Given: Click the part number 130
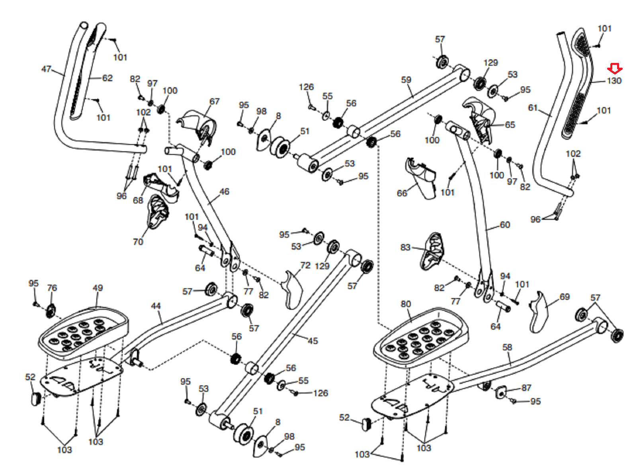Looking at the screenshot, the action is (614, 81).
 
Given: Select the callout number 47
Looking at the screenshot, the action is (46, 69).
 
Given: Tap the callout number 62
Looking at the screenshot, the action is (107, 78).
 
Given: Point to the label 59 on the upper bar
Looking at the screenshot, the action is (406, 80).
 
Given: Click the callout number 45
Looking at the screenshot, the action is (313, 341).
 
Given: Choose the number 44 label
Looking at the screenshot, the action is (156, 306).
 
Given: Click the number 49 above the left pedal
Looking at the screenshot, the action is (98, 288).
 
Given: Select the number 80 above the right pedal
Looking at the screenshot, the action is (406, 304).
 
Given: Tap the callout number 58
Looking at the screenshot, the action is (507, 347).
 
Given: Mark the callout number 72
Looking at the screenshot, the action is (306, 265).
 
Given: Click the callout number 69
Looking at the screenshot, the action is (565, 297).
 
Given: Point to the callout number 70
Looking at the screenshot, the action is (138, 242).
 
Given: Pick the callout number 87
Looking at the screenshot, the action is (526, 388).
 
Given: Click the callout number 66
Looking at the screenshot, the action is (402, 193).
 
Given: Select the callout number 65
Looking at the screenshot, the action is (510, 125).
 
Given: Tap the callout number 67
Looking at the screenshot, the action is (215, 102).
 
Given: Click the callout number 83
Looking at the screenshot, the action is (406, 247).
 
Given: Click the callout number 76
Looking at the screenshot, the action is (52, 288).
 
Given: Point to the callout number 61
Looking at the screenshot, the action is (533, 108).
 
